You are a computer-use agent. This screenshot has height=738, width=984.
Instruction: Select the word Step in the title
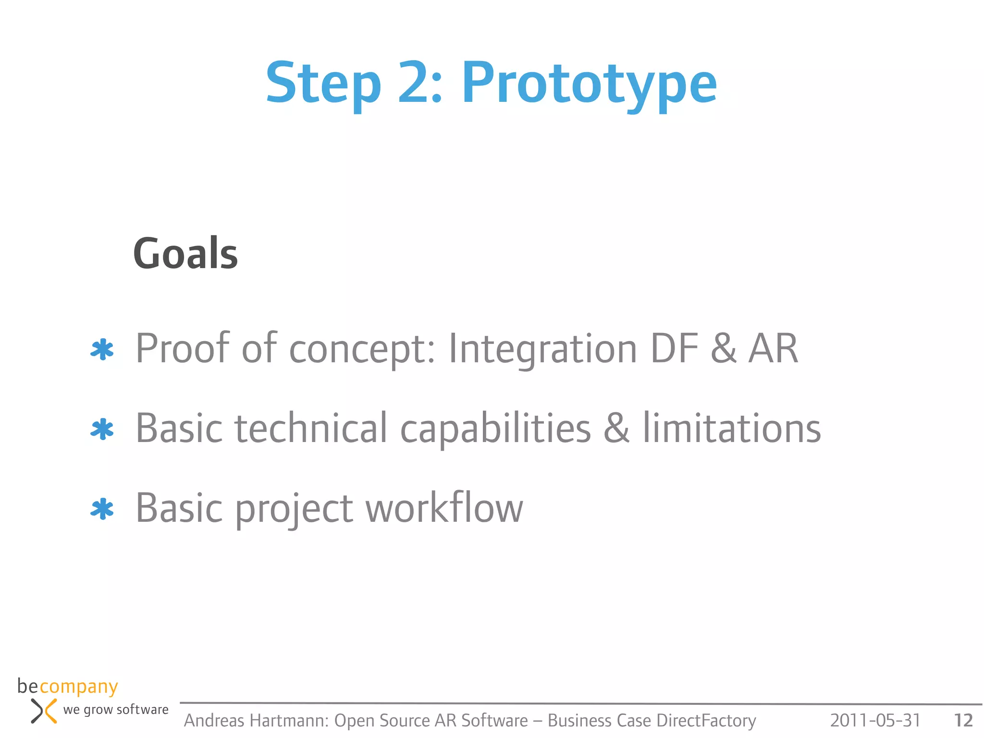click(x=323, y=84)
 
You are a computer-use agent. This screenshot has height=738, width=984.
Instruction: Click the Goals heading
click(x=185, y=253)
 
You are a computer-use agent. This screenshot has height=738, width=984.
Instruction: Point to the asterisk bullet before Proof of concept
click(x=102, y=350)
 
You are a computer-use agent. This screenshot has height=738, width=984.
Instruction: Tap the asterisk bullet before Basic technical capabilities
click(x=102, y=430)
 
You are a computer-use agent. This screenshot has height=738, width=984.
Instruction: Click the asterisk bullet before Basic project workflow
click(x=102, y=509)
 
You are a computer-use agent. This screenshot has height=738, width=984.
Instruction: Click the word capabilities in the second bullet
click(x=495, y=429)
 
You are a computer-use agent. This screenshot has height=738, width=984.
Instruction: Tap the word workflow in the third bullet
click(x=444, y=508)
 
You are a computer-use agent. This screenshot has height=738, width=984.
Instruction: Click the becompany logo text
click(x=67, y=687)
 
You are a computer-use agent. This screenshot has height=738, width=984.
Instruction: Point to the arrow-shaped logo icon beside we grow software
click(x=44, y=711)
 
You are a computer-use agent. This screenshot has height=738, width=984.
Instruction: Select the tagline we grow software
click(x=116, y=710)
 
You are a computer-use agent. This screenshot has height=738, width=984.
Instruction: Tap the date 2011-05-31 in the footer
click(x=875, y=720)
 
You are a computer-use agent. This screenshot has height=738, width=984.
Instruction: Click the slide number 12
click(x=963, y=720)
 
